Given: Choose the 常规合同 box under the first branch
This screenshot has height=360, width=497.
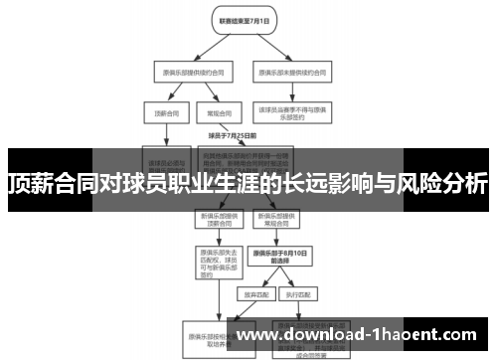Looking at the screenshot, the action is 212,112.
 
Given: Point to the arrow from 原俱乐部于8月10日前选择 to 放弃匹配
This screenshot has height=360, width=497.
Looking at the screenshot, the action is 260,279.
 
